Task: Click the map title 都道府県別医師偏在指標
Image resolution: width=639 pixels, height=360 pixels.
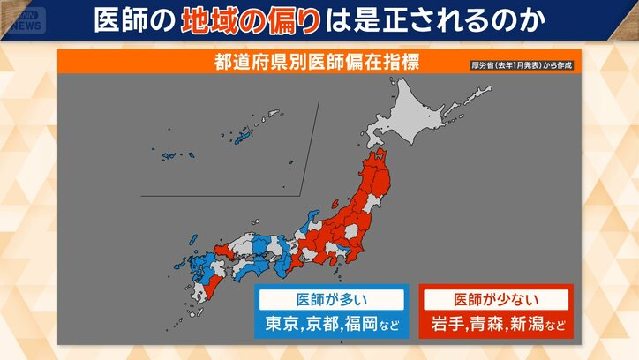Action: click(316, 62)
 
